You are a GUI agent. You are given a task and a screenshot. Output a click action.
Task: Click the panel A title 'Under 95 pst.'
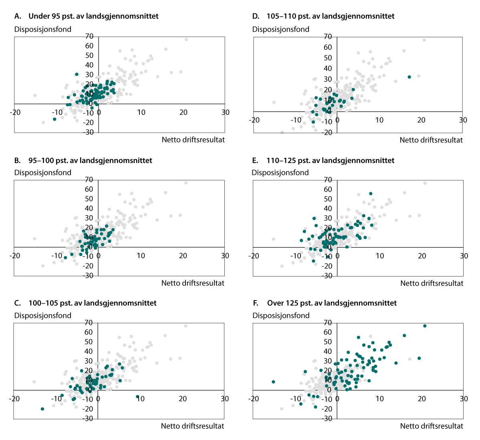tap(86, 16)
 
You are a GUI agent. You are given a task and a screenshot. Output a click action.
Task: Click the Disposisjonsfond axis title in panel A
tap(43, 29)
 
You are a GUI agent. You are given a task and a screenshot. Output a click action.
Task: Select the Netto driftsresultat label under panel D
tap(431, 140)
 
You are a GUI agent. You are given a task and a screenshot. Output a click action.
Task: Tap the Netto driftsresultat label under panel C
tap(192, 426)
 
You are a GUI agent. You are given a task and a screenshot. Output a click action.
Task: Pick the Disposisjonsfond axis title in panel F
tap(281, 315)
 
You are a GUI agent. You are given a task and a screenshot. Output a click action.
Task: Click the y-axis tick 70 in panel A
tap(89, 36)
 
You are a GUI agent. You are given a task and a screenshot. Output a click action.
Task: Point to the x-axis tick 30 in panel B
tap(225, 256)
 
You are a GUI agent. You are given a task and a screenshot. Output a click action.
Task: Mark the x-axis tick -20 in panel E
tap(254, 256)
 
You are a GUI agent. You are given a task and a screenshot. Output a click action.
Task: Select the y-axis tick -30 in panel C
tap(89, 419)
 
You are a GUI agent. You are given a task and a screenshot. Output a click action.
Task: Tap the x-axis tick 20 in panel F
tap(422, 399)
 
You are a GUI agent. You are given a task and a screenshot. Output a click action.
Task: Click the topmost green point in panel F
tap(425, 326)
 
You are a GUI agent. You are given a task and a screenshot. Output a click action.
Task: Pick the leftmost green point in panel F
tap(273, 382)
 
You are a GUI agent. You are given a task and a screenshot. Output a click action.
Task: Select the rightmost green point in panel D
tap(409, 77)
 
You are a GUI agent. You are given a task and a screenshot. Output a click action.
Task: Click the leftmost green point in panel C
tap(42, 409)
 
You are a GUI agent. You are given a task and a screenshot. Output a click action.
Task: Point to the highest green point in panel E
tap(371, 194)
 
